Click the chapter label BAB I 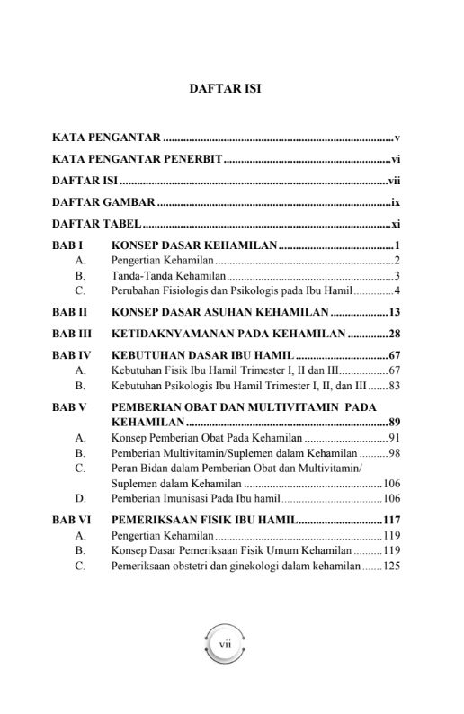67,245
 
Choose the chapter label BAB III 71,334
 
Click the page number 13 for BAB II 393,312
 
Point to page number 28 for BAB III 393,334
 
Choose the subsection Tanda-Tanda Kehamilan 168,275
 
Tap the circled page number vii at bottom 225,644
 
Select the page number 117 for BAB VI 390,519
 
